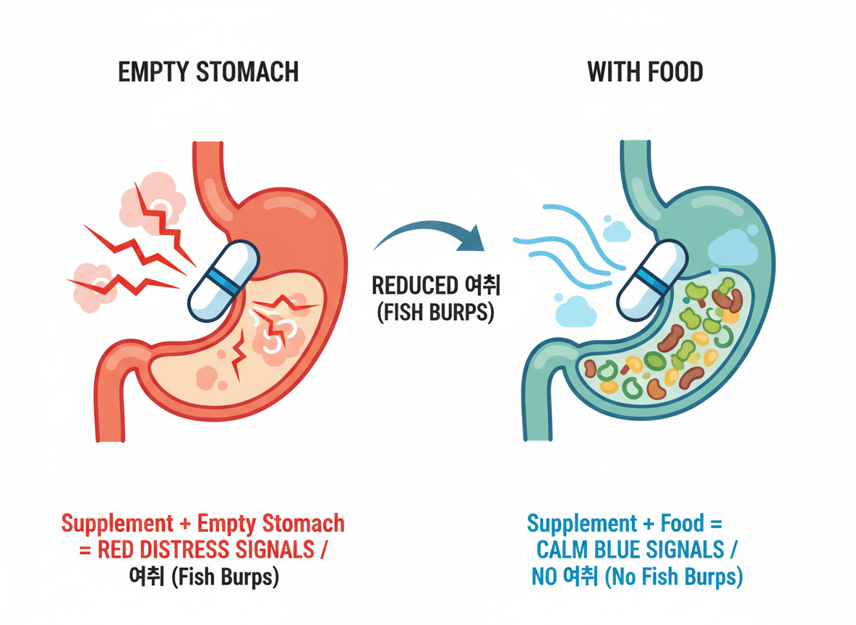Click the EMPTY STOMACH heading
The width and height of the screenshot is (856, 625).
[208, 72]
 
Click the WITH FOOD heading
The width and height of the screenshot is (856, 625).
[645, 72]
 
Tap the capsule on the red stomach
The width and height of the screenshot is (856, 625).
[223, 279]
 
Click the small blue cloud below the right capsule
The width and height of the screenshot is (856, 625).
[576, 312]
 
